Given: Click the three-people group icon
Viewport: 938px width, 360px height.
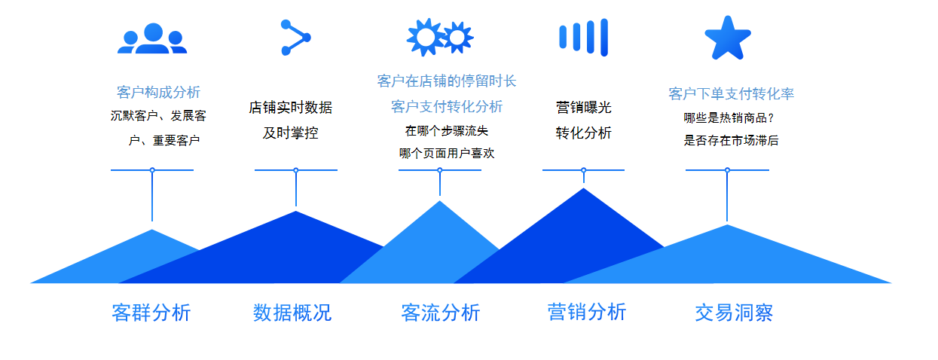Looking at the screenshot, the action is click(x=152, y=38).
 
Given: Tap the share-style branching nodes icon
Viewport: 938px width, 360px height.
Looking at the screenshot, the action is click(x=295, y=38).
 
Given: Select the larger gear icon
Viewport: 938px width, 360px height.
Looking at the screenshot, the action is click(x=426, y=37).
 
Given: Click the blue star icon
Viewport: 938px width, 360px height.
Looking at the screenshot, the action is click(x=728, y=38).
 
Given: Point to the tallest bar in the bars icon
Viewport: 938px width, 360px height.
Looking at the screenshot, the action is click(x=603, y=37).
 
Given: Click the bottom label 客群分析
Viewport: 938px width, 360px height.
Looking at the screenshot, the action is click(x=151, y=313).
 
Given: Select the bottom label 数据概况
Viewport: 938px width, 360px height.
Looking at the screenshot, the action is click(x=292, y=313).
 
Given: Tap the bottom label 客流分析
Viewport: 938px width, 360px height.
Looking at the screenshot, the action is click(x=440, y=313).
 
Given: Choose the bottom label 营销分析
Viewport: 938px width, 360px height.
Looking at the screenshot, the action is click(x=587, y=313).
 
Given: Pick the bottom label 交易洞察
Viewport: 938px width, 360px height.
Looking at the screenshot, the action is click(x=734, y=313).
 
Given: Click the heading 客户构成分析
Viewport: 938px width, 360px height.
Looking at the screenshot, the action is click(x=158, y=92).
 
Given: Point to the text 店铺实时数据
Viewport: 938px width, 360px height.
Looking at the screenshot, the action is click(x=290, y=108).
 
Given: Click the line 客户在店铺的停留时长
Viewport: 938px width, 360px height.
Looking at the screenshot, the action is click(x=446, y=81).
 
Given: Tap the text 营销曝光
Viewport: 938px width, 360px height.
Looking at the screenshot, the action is click(x=583, y=108).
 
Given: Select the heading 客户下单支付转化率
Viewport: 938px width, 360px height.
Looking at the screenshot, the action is click(x=731, y=94).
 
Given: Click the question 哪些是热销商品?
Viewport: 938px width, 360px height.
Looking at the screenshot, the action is click(x=729, y=118).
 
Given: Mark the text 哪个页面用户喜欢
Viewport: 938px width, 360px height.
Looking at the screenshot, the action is click(x=446, y=153).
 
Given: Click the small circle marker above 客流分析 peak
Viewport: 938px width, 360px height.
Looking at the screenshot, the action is click(x=440, y=170).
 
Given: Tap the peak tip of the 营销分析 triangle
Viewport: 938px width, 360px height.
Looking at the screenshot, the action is click(x=583, y=188).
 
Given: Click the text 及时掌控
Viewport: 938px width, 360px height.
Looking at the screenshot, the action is click(x=290, y=133).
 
